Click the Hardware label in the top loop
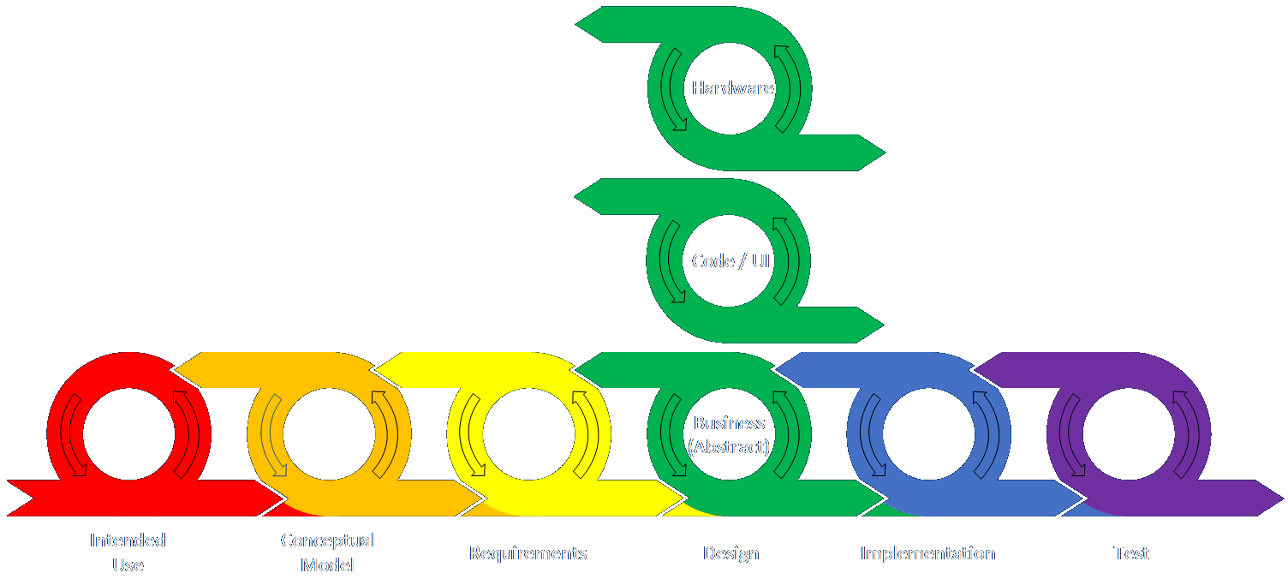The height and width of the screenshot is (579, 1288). coord(732,88)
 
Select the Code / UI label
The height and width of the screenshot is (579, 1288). coord(730,261)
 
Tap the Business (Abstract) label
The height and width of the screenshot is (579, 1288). coord(730,434)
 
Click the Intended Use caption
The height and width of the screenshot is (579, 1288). coord(128,552)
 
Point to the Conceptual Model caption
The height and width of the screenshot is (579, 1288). coord(328,552)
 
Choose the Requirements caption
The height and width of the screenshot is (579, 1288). coord(528,553)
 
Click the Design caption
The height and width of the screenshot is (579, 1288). coord(730,553)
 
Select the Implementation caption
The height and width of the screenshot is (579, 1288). coord(927,553)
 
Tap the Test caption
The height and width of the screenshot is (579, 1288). coord(1130,553)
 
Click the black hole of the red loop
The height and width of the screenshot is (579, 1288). coord(128,433)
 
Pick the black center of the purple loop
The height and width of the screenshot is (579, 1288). coord(1128,433)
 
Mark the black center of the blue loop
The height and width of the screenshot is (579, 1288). coord(928,433)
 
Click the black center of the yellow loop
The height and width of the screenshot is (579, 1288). coord(528,433)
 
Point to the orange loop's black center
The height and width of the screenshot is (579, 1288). coord(328,433)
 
